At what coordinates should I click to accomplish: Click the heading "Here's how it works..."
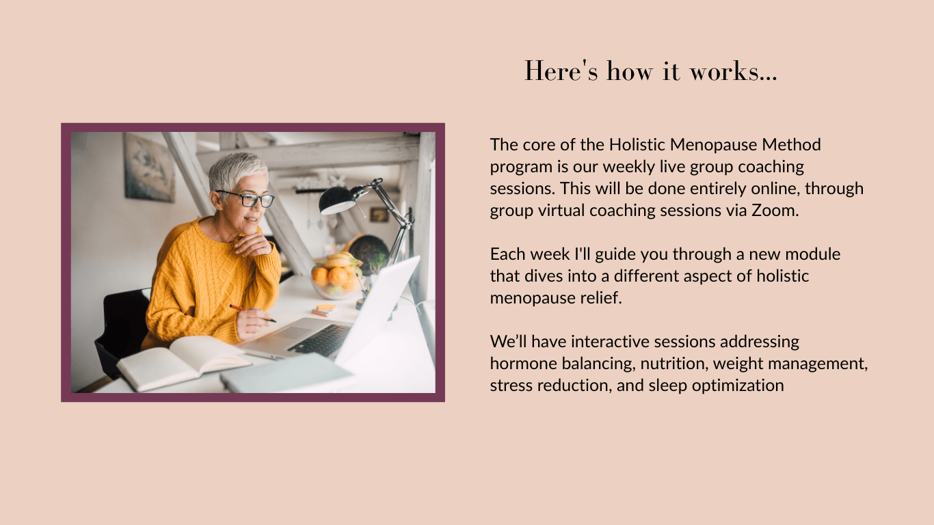[650, 70]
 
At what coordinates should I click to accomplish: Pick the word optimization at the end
[738, 386]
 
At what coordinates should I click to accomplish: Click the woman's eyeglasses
[246, 199]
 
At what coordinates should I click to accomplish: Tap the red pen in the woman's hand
[252, 313]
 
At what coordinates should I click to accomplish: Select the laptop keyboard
[322, 340]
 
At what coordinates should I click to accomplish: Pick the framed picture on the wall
[148, 167]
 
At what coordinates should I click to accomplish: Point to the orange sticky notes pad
[325, 310]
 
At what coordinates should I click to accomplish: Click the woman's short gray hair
[236, 171]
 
